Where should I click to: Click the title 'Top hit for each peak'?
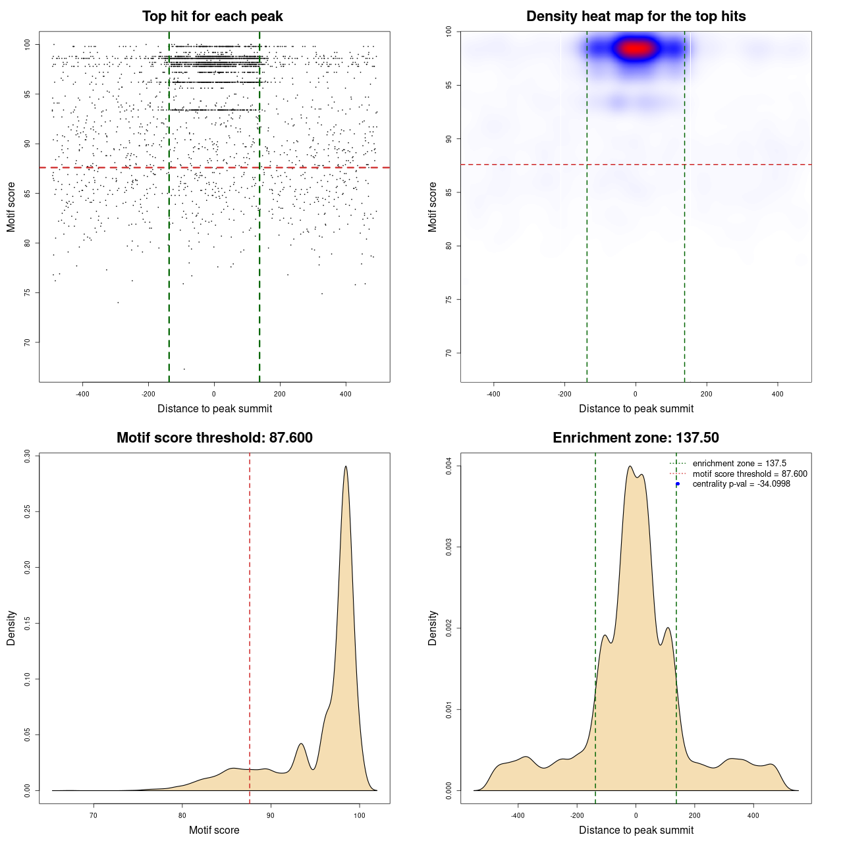point(212,16)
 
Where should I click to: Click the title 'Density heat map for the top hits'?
point(636,16)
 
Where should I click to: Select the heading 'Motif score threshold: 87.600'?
point(214,438)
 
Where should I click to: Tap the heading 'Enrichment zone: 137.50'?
point(636,438)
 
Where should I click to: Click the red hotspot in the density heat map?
point(636,48)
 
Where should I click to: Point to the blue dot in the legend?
point(678,484)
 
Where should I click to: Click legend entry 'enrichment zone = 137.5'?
point(739,464)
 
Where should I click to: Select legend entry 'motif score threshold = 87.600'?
point(749,474)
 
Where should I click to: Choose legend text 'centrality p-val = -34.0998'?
point(741,484)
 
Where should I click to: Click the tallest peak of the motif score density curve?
point(345,467)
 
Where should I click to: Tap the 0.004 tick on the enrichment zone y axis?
point(449,466)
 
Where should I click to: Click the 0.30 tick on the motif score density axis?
point(27,456)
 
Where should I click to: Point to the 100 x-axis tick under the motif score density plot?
point(359,815)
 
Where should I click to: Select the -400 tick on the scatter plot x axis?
point(82,394)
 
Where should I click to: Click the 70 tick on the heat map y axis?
point(449,353)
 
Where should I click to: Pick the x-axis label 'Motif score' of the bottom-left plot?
point(214,830)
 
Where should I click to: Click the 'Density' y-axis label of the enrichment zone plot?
point(433,628)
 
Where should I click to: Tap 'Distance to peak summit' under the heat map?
point(636,408)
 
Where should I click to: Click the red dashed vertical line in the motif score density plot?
point(250,626)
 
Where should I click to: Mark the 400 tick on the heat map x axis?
point(778,394)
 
